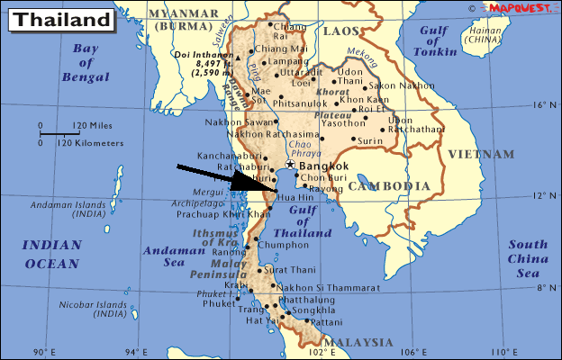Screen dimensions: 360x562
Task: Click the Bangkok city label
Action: point(325,166)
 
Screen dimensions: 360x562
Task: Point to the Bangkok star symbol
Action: point(290,166)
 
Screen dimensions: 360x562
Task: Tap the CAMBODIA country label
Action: point(389,186)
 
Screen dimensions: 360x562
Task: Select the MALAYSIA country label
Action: point(358,343)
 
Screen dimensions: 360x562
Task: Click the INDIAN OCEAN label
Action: point(50,254)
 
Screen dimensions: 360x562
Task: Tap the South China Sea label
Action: point(527,258)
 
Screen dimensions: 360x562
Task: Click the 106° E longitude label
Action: point(412,351)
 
